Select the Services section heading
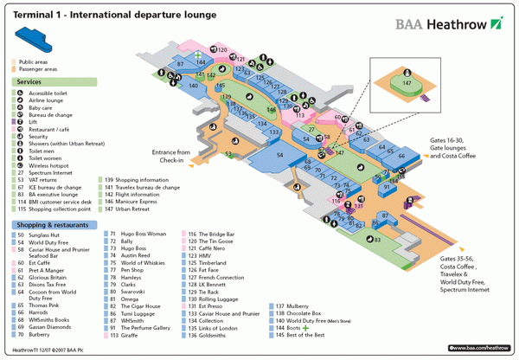(x=29, y=81)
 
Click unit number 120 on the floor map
(x=221, y=49)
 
